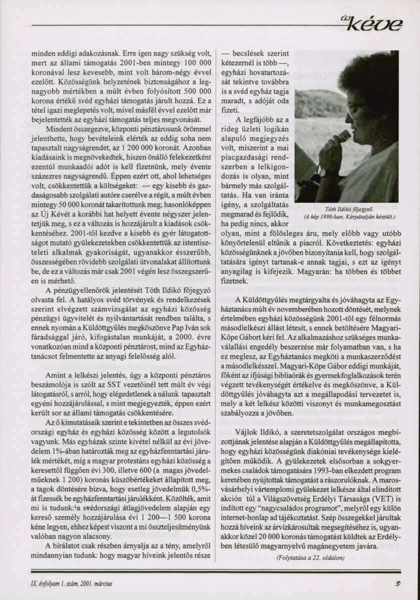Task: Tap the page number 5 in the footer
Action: tap(396, 582)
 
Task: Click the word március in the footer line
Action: tap(103, 583)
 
